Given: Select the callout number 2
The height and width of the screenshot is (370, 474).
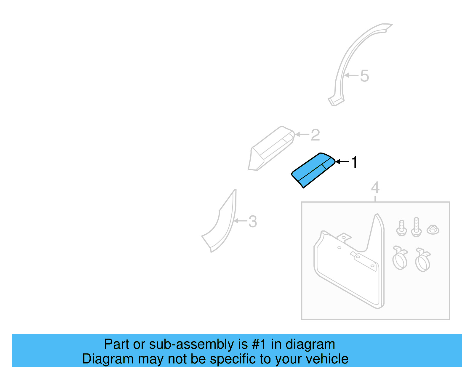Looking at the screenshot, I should tap(315, 135).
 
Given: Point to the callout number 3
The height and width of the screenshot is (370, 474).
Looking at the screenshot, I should tap(252, 221).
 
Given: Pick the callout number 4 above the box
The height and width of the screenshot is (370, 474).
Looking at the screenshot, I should tap(375, 188).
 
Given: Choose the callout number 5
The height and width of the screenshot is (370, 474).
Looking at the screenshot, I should tap(364, 76).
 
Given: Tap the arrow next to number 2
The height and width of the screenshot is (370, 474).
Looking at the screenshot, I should tap(302, 134).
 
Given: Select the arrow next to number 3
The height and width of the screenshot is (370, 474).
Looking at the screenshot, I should tap(240, 221).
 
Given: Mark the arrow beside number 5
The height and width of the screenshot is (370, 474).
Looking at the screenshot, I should tap(351, 75).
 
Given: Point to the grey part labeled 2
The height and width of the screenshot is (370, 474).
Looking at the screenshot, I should tap(270, 148).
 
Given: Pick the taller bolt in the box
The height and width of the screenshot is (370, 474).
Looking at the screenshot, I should tap(416, 227).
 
